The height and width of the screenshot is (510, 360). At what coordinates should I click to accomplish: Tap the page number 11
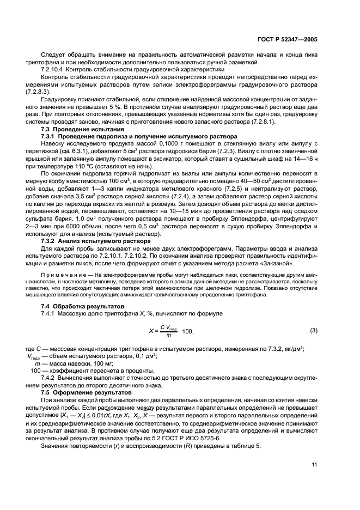pos(314,465)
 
